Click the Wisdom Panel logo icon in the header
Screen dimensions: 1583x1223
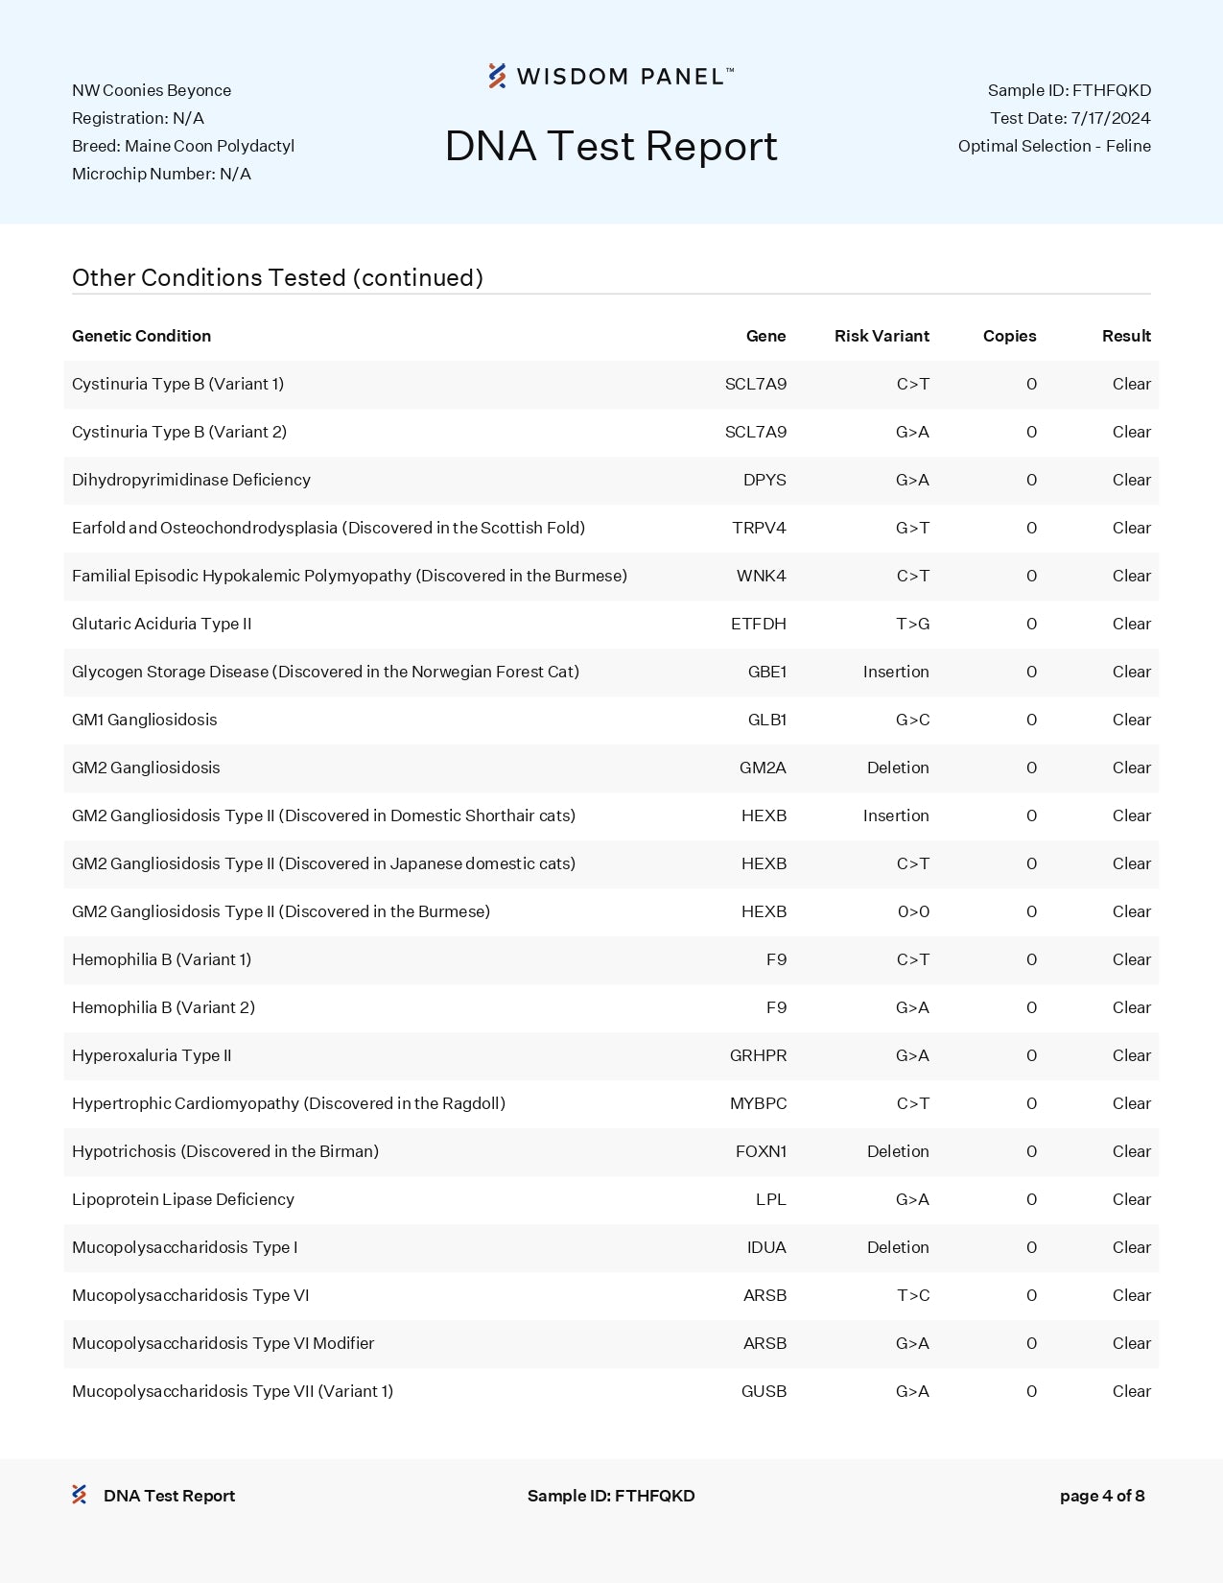[497, 76]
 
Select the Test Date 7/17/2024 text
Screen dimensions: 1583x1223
[1070, 118]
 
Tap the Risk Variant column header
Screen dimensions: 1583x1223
[882, 336]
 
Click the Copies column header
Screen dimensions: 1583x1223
[1009, 336]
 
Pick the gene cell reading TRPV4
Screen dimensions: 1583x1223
[759, 528]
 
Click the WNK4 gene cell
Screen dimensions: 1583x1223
[761, 576]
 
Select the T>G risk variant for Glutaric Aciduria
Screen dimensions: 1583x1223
[912, 624]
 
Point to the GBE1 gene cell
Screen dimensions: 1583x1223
[766, 672]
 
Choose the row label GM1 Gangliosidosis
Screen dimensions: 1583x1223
[145, 720]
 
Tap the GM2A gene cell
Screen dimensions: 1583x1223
[763, 768]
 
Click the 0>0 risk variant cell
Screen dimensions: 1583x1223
[913, 911]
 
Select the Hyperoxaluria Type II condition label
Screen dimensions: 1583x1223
[152, 1055]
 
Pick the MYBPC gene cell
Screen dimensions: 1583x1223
[758, 1103]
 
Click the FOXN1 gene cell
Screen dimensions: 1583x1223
[761, 1151]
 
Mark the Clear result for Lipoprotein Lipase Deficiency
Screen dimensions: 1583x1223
[1131, 1199]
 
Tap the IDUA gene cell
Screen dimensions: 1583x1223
[766, 1247]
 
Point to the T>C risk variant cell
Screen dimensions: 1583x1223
[912, 1295]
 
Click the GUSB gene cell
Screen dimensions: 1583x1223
[764, 1391]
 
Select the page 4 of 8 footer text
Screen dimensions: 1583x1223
[1101, 1496]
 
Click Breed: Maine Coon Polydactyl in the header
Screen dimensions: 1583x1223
[183, 146]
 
